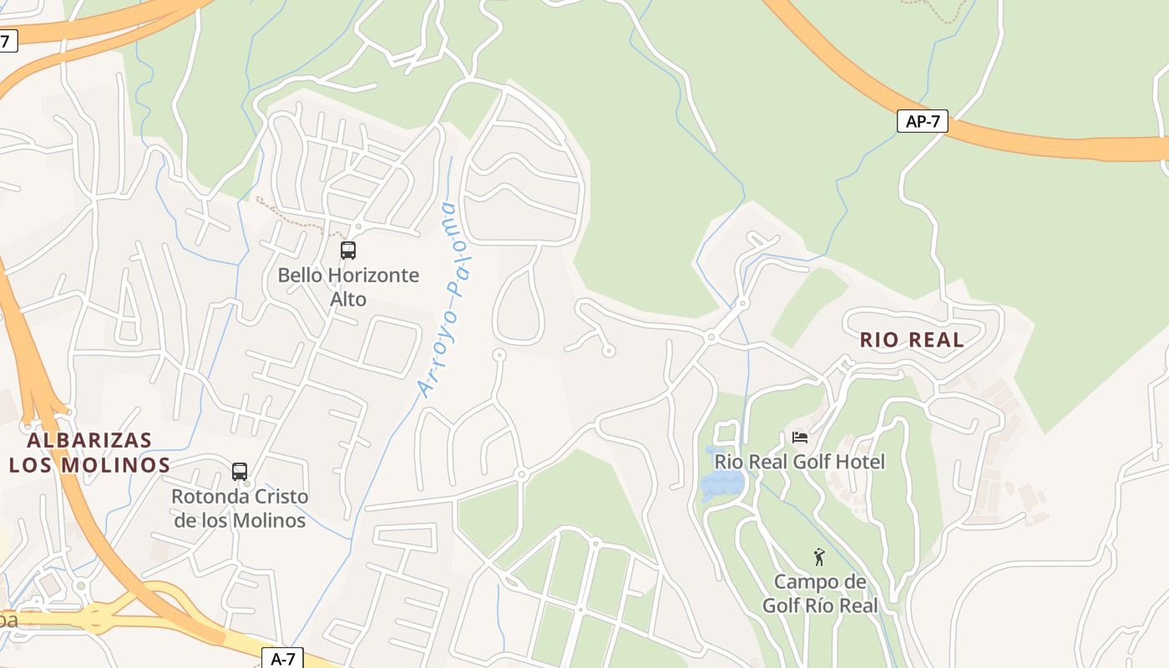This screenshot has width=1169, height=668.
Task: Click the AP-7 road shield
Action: tap(923, 121)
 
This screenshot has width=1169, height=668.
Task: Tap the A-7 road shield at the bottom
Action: tap(283, 659)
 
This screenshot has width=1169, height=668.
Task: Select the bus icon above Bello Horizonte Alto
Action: tap(348, 250)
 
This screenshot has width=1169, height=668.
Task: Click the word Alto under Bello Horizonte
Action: tap(348, 299)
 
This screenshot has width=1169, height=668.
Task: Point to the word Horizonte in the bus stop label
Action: tap(373, 275)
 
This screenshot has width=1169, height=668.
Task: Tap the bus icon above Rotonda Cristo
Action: tap(240, 472)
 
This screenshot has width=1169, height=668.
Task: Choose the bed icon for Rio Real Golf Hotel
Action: tap(799, 438)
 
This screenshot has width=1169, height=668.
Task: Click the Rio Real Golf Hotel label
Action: tap(799, 462)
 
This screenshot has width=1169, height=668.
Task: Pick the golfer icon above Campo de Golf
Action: tap(819, 557)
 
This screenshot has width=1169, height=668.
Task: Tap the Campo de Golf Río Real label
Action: tap(820, 594)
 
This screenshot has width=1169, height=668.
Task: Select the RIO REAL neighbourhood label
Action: tap(912, 340)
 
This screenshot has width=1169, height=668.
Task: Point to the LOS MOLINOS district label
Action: tap(89, 465)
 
